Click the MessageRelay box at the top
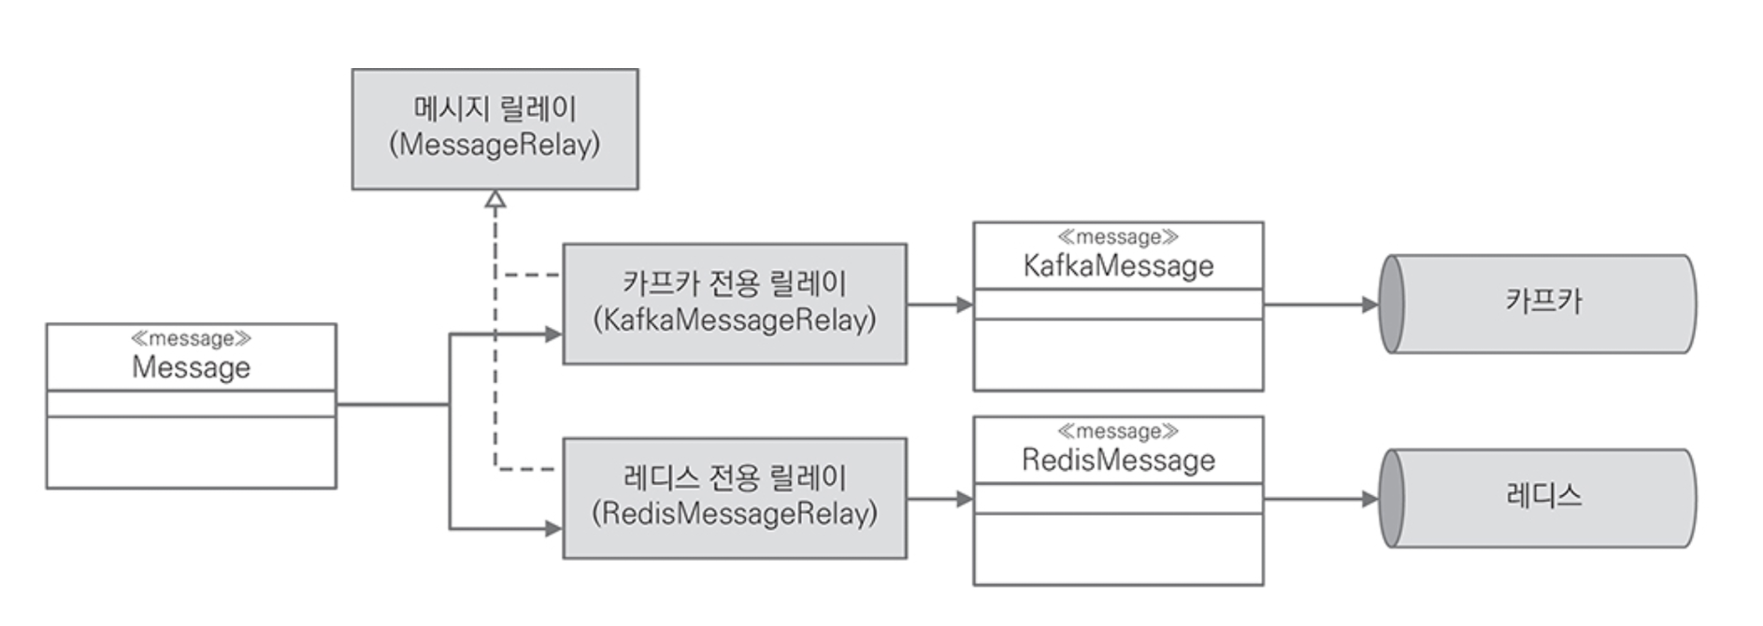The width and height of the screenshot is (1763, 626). point(495,129)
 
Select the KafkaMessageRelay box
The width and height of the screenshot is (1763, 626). point(735,304)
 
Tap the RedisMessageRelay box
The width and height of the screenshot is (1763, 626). point(735,498)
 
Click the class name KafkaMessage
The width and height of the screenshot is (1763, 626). point(1118,266)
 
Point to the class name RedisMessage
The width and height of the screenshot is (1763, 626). point(1118,460)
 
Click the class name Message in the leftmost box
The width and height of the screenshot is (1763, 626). point(191,367)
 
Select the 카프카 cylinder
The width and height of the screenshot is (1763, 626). point(1538,304)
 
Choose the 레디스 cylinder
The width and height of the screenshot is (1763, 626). point(1538,498)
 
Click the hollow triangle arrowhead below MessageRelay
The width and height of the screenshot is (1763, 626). point(495,199)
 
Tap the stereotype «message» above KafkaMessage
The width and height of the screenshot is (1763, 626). point(1118,237)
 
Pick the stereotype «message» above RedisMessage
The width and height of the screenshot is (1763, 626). point(1118,432)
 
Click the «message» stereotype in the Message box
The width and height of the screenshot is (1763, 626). point(191,338)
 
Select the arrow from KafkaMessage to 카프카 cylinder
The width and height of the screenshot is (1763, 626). point(1322,304)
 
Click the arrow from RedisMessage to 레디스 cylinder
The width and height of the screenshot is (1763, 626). point(1322,499)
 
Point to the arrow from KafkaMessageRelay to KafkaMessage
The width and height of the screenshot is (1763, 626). point(940,304)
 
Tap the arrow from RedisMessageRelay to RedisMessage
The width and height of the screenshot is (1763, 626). point(940,499)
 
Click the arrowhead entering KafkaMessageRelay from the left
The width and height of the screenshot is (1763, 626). point(553,334)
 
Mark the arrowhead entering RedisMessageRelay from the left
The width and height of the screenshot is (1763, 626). point(553,529)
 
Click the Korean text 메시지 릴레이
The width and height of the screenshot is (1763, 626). point(495,108)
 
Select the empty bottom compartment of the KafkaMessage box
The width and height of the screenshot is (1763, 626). point(1118,355)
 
